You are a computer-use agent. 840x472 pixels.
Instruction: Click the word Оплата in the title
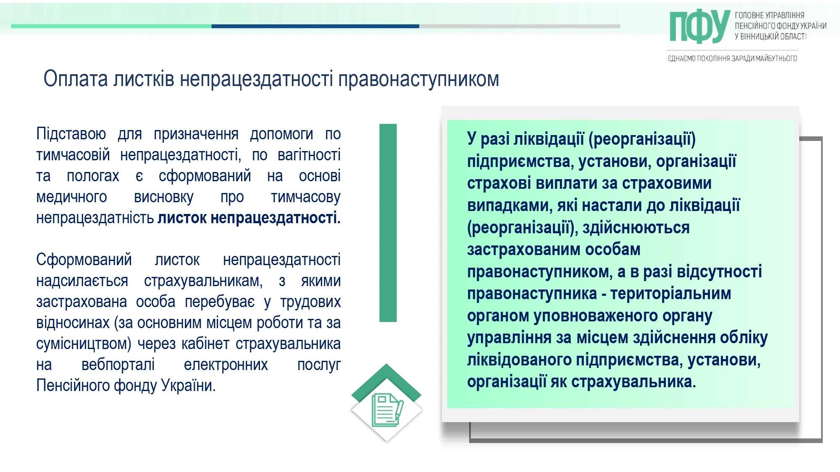76,79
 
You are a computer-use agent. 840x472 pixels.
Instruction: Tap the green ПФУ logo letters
699,26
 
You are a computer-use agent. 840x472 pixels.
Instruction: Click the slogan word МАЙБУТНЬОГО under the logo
776,58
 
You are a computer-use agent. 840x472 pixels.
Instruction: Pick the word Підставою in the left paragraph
71,134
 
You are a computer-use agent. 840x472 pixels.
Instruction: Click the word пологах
93,176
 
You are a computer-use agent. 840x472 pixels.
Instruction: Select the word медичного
71,197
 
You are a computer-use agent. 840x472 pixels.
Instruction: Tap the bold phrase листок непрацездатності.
249,218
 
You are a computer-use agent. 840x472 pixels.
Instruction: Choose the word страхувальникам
203,281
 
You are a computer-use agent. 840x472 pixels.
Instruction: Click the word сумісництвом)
84,344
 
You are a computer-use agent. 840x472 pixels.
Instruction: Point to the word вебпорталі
118,365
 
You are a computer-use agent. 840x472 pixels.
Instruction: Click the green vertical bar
388,223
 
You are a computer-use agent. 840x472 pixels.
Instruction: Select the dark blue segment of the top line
315,26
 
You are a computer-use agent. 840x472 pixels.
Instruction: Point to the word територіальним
671,294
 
